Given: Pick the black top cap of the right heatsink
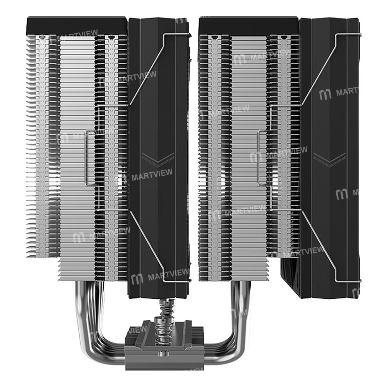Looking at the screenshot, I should [248, 25].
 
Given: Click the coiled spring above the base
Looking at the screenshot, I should [162, 317].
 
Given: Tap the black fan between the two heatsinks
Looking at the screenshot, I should [159, 116].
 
